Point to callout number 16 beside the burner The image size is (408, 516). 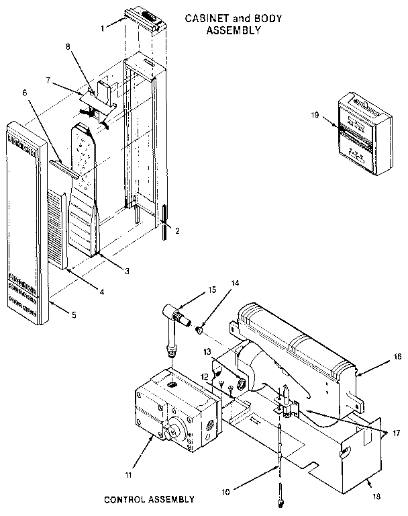pyautogui.click(x=397, y=358)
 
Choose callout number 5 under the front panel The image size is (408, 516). pyautogui.click(x=74, y=315)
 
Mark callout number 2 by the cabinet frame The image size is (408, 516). pyautogui.click(x=177, y=230)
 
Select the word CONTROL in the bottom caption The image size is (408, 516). pyautogui.click(x=125, y=499)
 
